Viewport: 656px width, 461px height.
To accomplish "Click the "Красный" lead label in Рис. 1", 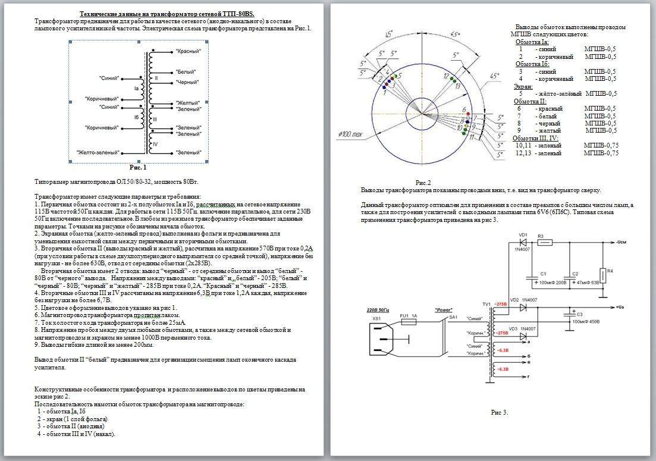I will click(189, 52).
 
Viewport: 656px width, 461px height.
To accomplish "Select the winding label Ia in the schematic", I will click(136, 88).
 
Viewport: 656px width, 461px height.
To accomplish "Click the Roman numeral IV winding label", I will click(155, 144).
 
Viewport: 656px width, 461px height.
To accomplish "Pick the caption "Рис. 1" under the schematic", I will click(137, 168).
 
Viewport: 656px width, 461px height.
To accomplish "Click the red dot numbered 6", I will click(469, 113).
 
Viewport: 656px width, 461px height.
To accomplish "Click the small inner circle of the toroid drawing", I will click(423, 113).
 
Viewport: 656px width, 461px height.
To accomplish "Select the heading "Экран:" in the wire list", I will click(523, 86).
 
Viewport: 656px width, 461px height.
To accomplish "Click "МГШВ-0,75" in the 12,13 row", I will click(601, 153).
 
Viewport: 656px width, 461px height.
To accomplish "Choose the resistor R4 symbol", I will click(602, 275).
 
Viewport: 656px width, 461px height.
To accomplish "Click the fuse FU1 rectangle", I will click(409, 322).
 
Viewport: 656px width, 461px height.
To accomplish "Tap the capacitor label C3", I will click(579, 314).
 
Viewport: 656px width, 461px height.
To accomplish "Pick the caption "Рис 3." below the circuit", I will click(500, 412).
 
